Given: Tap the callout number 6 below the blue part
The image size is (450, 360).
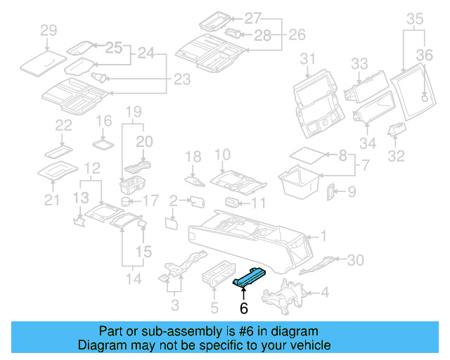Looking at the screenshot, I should pos(244,308).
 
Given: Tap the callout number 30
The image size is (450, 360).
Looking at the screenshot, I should pos(356,260).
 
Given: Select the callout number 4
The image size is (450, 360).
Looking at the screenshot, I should pos(324,292).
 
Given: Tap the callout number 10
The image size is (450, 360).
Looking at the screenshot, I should pos(222,154).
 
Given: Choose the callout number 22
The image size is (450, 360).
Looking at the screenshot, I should pos(64,125).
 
